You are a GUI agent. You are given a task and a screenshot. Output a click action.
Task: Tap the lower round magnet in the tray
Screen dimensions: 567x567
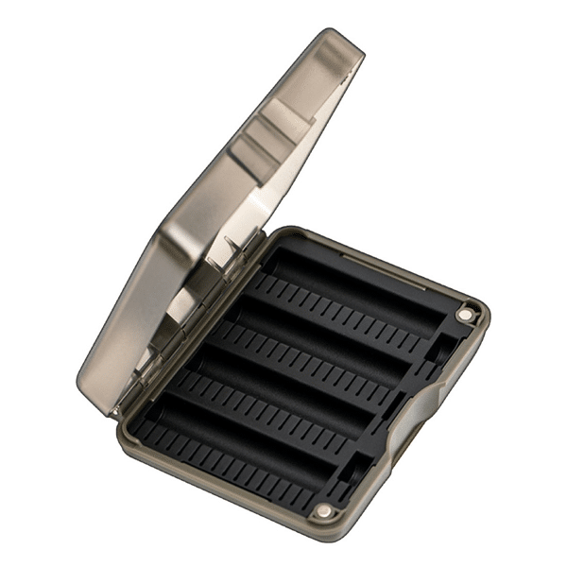[325, 511]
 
